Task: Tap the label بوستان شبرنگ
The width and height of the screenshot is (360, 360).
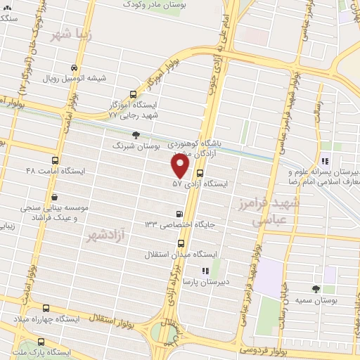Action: pyautogui.click(x=137, y=146)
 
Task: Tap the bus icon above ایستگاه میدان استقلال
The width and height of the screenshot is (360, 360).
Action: pyautogui.click(x=179, y=242)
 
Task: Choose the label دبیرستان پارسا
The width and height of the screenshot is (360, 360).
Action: pyautogui.click(x=202, y=281)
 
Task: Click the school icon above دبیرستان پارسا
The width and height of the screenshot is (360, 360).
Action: pyautogui.click(x=205, y=270)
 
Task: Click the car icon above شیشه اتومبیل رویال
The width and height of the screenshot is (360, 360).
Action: pyautogui.click(x=75, y=68)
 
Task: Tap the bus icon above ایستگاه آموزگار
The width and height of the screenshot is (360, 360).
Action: pyautogui.click(x=134, y=94)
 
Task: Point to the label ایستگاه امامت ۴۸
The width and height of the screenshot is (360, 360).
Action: pyautogui.click(x=55, y=171)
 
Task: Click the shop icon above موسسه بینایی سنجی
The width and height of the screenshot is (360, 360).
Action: pyautogui.click(x=54, y=198)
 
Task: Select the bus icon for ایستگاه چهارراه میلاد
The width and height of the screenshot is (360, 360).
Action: pyautogui.click(x=46, y=308)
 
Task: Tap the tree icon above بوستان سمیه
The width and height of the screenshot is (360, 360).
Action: pyautogui.click(x=314, y=288)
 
